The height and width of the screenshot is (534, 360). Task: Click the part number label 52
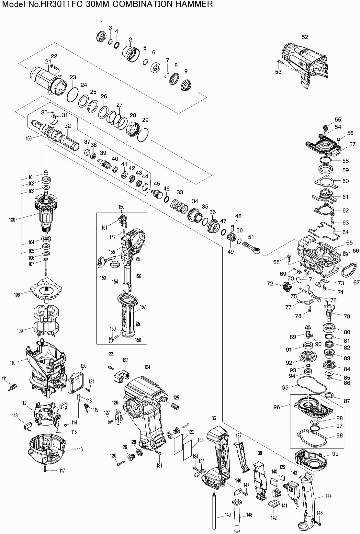[305, 37]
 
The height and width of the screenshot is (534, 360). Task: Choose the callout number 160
[28, 139]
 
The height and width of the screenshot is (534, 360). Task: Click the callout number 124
[147, 367]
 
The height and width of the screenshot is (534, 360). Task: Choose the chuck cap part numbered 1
[101, 36]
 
